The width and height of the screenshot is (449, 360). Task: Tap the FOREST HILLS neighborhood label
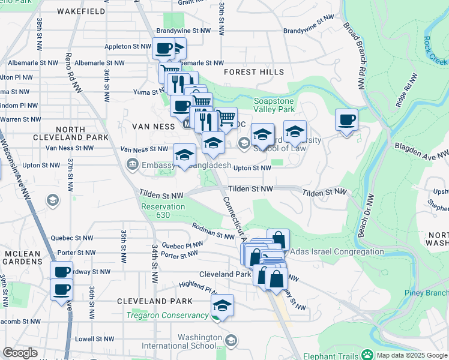point(254,72)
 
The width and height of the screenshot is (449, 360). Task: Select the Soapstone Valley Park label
point(274,106)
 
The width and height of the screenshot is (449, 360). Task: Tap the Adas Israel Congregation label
point(337,252)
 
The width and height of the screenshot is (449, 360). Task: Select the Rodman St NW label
point(213,231)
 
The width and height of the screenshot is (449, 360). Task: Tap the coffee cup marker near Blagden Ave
point(346,119)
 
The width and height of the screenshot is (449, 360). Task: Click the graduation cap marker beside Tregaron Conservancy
point(222,305)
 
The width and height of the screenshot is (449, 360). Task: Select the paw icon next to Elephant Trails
point(366,355)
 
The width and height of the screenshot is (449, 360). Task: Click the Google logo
point(20,353)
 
